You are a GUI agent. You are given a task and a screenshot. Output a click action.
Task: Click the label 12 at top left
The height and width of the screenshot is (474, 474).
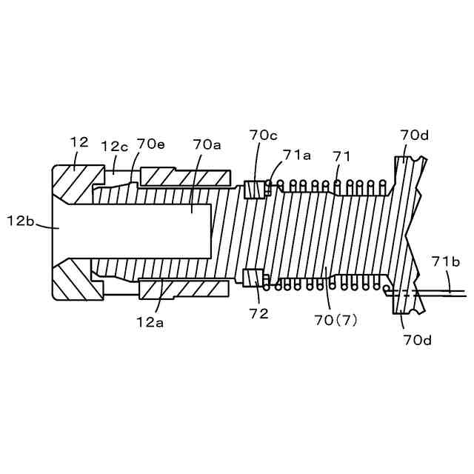point(79,141)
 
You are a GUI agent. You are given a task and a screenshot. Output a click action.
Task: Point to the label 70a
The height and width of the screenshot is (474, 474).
point(207,144)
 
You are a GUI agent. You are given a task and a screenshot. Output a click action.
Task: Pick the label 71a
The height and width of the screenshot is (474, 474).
point(296,156)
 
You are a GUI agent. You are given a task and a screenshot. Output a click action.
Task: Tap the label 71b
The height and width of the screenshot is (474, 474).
point(447,261)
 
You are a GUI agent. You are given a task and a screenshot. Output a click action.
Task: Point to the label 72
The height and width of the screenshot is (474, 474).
point(259,314)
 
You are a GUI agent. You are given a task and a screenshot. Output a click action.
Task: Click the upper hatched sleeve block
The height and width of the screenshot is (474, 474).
point(184,177)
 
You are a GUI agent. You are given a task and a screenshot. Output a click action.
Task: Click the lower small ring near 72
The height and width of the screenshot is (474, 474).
point(253,278)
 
